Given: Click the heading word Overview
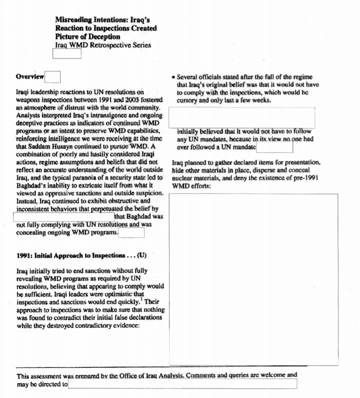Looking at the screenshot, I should click(x=30, y=77).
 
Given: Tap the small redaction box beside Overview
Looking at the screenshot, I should click(x=52, y=77).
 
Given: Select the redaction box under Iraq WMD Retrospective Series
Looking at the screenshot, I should click(x=66, y=53).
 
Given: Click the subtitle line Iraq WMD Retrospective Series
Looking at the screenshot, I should click(x=103, y=45).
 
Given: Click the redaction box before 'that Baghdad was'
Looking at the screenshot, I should click(x=63, y=216).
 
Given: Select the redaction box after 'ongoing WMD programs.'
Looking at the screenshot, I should click(x=131, y=232).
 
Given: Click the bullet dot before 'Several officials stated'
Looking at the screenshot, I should click(x=173, y=78).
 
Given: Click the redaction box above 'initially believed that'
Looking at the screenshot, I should click(x=241, y=117).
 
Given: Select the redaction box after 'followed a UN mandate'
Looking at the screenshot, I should click(x=274, y=147).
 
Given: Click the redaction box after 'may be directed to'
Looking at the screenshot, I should click(x=182, y=384).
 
